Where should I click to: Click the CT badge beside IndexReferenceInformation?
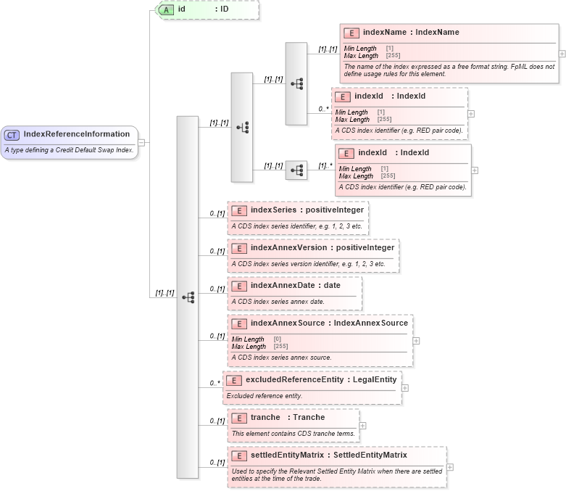coord(12,134)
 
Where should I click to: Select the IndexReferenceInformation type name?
coord(76,134)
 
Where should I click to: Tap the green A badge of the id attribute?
coord(166,9)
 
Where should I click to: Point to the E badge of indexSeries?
coord(239,210)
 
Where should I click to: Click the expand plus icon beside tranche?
coord(362,426)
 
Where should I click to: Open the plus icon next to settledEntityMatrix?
coord(450,467)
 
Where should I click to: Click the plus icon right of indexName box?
coord(562,54)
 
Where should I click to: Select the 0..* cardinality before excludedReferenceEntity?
coord(215,383)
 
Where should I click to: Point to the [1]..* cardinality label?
coord(325,166)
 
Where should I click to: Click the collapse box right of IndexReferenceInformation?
coord(142,142)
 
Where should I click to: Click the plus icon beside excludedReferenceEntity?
coord(404,388)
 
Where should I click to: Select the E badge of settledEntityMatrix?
coord(239,455)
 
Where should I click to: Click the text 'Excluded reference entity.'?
coord(265,396)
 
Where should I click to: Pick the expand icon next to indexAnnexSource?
coord(416,340)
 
